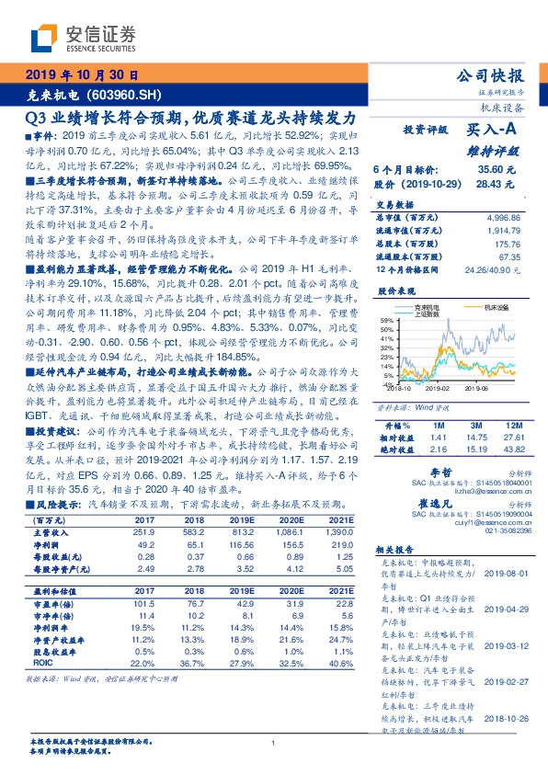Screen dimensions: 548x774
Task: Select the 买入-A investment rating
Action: (491, 131)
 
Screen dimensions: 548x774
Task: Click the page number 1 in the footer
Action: (274, 743)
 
